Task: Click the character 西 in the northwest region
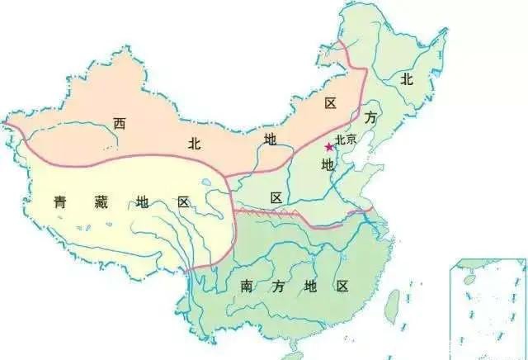(x=120, y=124)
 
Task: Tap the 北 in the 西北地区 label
(x=195, y=143)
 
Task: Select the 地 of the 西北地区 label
(x=270, y=138)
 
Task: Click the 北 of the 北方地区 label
(x=406, y=79)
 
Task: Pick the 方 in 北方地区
(x=371, y=118)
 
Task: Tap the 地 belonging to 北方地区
(x=328, y=165)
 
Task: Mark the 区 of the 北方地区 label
(x=276, y=197)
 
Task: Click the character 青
(x=60, y=201)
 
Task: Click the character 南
(x=247, y=287)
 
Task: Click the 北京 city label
(x=346, y=140)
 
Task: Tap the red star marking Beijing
(x=329, y=146)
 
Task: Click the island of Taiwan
(x=394, y=301)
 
